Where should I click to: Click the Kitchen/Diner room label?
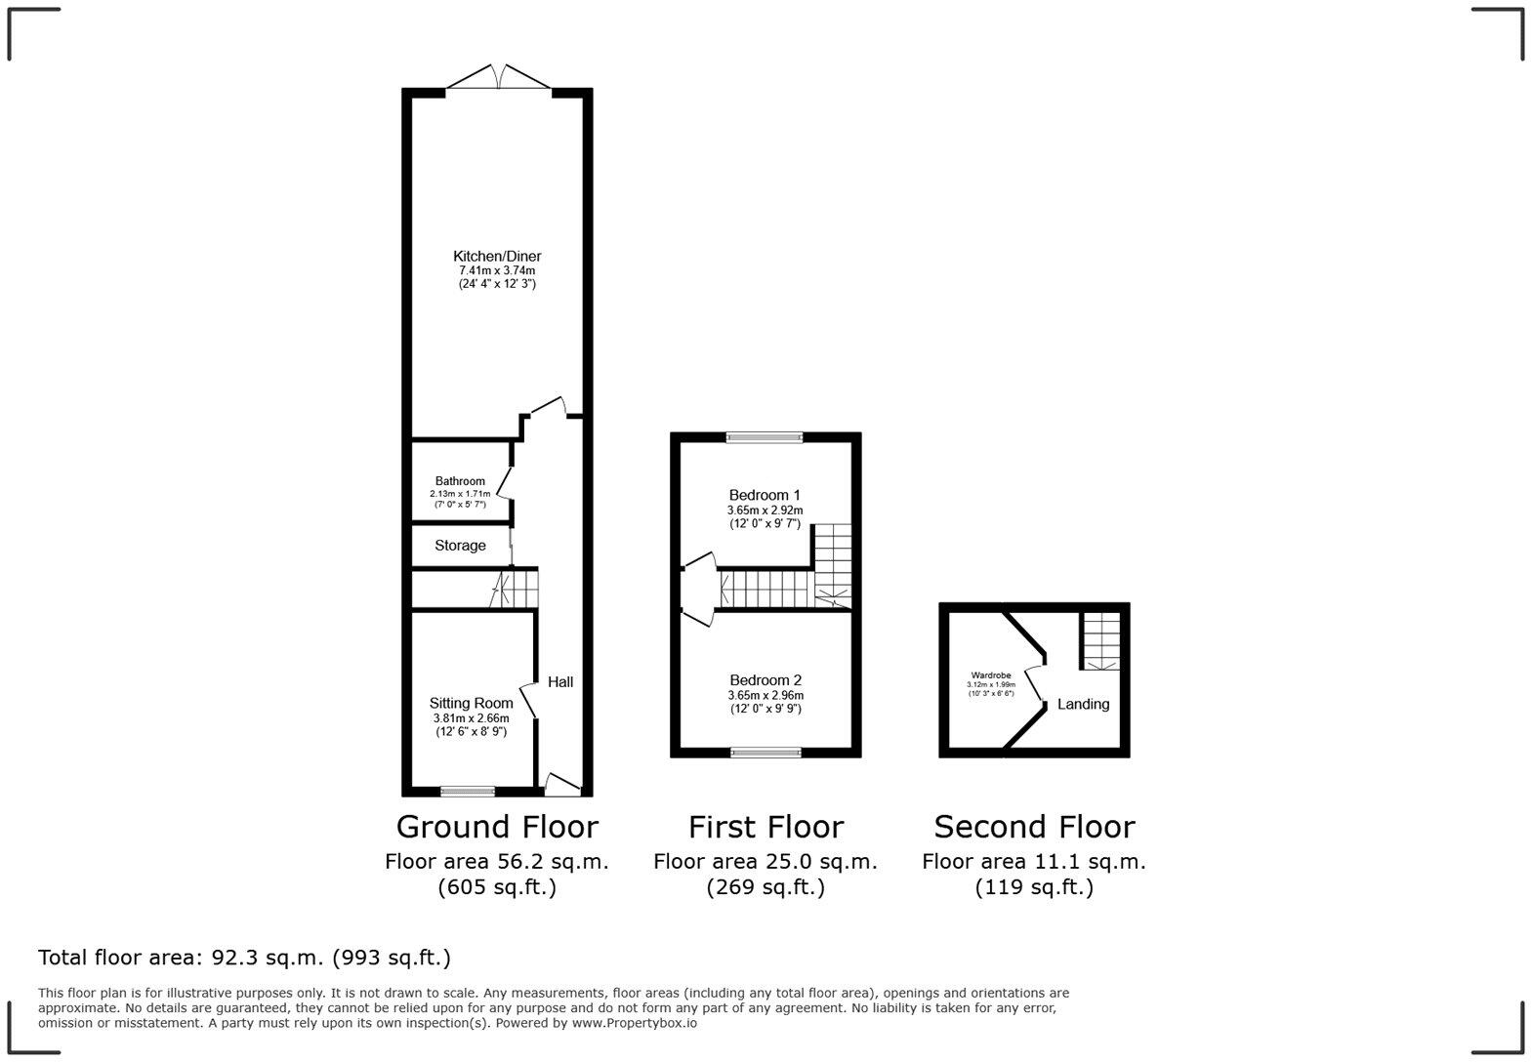(497, 256)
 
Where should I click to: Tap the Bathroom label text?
(460, 481)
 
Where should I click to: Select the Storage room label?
(460, 546)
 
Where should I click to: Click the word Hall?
(560, 682)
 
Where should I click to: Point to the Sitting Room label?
(472, 703)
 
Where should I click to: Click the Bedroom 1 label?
(765, 495)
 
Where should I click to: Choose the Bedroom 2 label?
(765, 680)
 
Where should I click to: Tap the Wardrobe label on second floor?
(990, 675)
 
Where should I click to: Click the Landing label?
(1083, 704)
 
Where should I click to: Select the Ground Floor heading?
(497, 827)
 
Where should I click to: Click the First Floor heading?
(765, 827)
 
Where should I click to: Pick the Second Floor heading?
(1034, 827)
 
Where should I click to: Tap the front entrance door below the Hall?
(561, 783)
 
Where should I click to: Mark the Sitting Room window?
(468, 791)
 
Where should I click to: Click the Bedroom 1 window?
(765, 437)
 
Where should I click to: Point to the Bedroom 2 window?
(766, 752)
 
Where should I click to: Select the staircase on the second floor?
(1099, 639)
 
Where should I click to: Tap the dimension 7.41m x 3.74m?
(497, 270)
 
